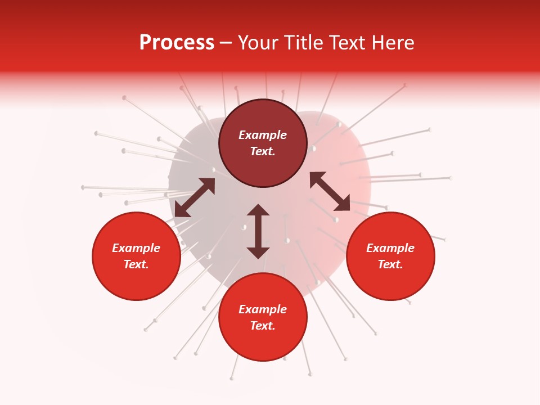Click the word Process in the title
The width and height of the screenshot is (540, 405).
[x=177, y=43]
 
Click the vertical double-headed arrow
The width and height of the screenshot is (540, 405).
[x=258, y=231]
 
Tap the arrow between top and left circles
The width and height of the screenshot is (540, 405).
[x=195, y=197]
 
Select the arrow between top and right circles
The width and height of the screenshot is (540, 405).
[x=330, y=191]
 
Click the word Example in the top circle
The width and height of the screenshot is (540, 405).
[x=263, y=135]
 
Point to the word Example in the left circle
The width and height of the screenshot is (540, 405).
[x=136, y=248]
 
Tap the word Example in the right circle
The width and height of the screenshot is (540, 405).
[x=390, y=248]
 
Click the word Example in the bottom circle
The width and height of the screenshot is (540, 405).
[x=263, y=309]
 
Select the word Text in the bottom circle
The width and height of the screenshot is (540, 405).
[x=263, y=326]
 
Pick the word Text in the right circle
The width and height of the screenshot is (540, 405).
[x=390, y=264]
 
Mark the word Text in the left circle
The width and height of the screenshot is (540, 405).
[x=136, y=264]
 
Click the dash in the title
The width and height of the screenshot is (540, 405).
[x=226, y=43]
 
